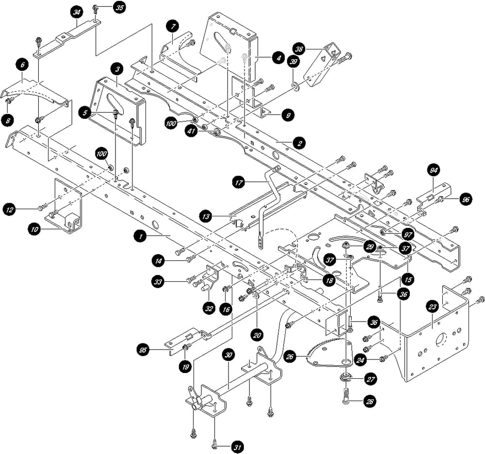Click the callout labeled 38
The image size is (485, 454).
299,49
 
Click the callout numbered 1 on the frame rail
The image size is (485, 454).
140,236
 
